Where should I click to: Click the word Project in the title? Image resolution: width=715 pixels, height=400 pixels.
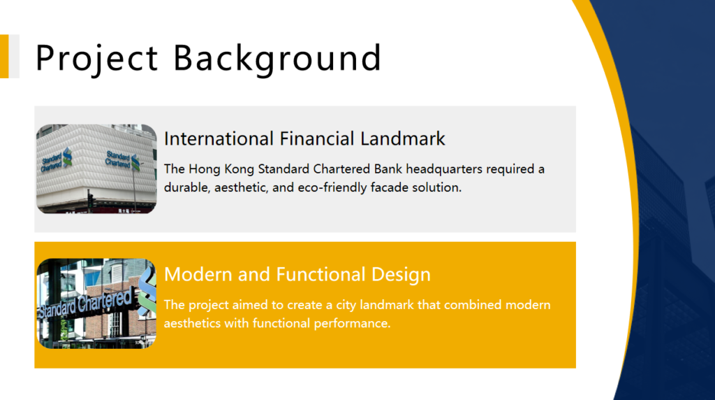[x=96, y=59]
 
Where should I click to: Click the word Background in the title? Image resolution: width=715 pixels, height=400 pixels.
[x=277, y=59]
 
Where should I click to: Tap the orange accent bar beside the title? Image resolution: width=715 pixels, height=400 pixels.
[x=4, y=56]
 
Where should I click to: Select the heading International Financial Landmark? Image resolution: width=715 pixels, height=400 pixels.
[x=304, y=139]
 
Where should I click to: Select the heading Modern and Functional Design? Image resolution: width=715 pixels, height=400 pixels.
[x=297, y=275]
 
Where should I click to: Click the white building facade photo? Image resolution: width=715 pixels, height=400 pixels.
[x=96, y=169]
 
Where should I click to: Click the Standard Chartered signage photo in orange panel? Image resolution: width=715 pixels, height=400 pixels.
[x=96, y=303]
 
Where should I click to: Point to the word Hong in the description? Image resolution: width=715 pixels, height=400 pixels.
[x=205, y=169]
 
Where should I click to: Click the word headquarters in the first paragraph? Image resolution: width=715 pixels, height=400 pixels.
[x=444, y=169]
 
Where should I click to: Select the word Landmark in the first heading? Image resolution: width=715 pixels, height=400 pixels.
[x=403, y=139]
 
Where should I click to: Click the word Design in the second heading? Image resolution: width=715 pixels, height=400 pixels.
[x=401, y=275]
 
